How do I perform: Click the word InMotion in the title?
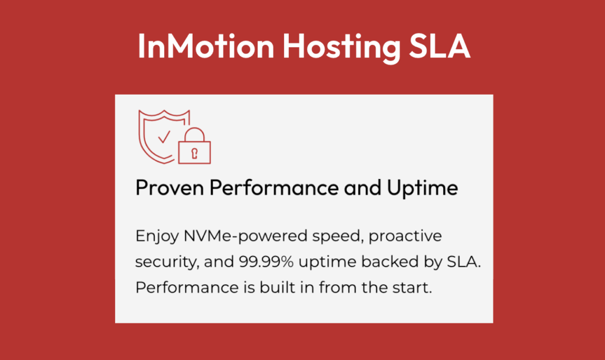click(x=206, y=46)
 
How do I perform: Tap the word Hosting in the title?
click(x=341, y=48)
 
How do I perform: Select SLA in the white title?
click(x=440, y=46)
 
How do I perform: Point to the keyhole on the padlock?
click(x=194, y=153)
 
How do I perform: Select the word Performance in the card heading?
click(x=274, y=187)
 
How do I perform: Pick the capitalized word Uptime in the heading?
click(x=422, y=189)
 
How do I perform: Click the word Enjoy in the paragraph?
click(x=157, y=236)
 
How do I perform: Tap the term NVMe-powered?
click(x=245, y=236)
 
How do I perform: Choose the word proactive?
click(x=405, y=236)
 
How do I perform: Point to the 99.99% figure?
click(x=266, y=262)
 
